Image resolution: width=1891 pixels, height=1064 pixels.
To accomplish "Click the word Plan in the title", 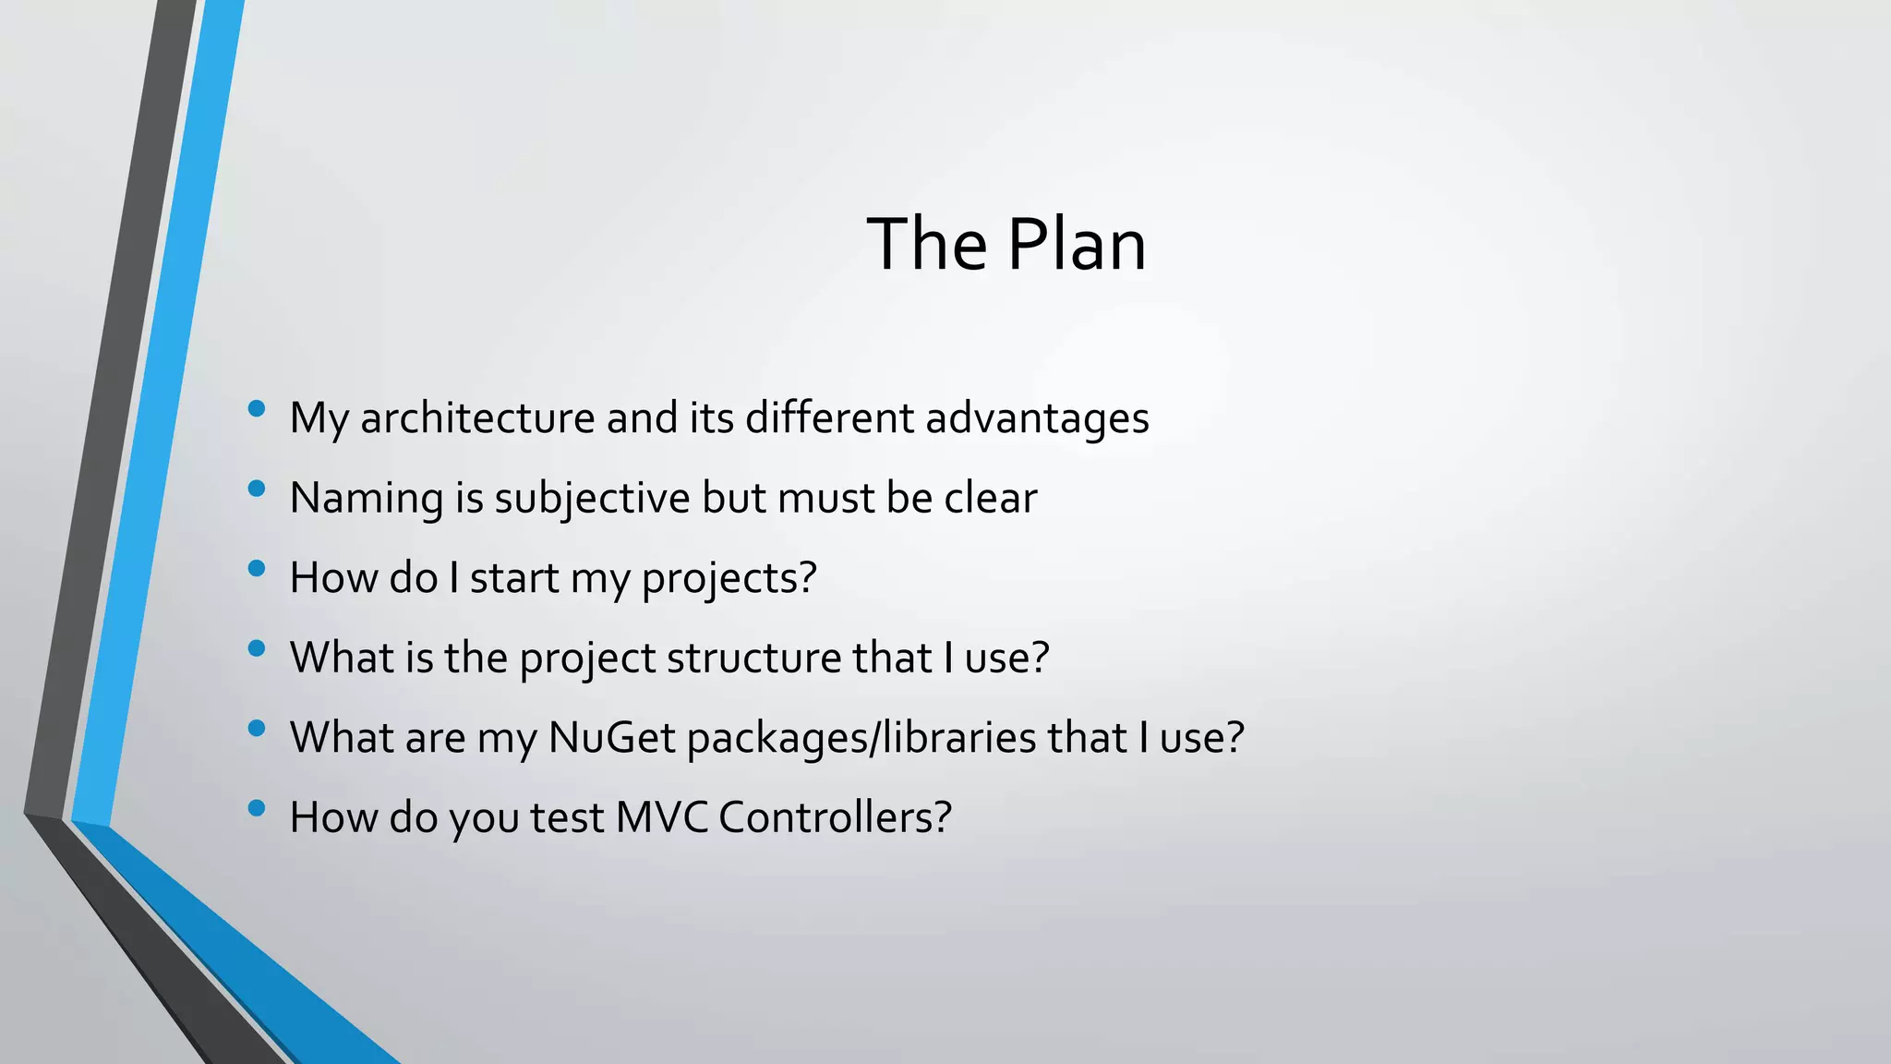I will [x=1076, y=245].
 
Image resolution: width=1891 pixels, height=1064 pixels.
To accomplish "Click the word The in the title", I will [x=927, y=245].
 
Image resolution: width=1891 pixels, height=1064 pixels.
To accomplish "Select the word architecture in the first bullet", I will [x=477, y=417].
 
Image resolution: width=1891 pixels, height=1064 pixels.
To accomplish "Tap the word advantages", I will [x=1037, y=417].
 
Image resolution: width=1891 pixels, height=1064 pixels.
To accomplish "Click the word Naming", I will [x=367, y=498].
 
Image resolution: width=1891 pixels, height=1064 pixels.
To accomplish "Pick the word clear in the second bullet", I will [x=990, y=498].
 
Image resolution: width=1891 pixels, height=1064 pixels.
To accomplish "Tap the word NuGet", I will [x=611, y=738].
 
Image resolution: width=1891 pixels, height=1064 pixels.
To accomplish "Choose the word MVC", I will [x=661, y=817].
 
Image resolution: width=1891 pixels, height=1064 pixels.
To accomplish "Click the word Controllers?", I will [x=835, y=817].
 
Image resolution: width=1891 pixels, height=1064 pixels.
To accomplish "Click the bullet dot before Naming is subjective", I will [x=257, y=488].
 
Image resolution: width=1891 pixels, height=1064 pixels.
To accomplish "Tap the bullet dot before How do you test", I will [x=257, y=808].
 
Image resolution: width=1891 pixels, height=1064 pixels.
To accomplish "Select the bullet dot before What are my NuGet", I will [x=257, y=728].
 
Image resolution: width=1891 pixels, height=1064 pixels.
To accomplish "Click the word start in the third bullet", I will [x=514, y=578].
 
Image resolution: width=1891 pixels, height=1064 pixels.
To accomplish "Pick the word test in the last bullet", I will [x=566, y=817].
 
